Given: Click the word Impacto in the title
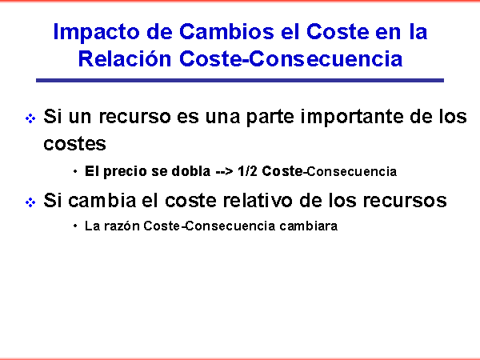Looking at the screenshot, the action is point(97,33).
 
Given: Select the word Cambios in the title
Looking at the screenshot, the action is point(226,31).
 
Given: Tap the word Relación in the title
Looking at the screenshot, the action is point(125,58).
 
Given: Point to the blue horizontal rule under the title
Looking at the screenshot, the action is point(240,80).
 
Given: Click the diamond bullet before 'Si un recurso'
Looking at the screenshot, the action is point(30,118).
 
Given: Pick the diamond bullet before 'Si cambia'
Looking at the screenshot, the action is point(30,202).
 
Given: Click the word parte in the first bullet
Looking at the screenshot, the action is point(270,118).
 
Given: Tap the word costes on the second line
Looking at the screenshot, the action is point(74,144).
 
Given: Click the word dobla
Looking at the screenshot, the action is point(191,171).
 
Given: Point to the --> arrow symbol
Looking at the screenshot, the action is point(224,172).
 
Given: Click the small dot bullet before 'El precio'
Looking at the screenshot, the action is point(75,171).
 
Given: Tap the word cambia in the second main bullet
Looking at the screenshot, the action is point(102,201).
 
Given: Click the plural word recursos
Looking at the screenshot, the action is point(405,202).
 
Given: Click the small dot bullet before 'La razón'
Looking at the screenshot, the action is point(75,226).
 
